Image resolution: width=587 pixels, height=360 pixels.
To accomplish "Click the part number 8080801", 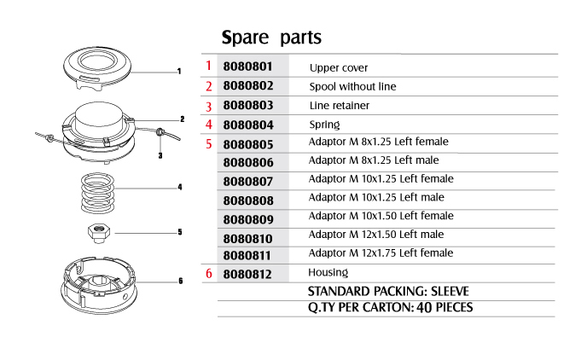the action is pos(247,67).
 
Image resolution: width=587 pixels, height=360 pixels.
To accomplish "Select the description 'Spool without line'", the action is pos(352,87).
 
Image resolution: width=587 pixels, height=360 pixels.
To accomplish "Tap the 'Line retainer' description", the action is pos(340,106).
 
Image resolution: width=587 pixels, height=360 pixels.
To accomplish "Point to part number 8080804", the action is pos(248,125).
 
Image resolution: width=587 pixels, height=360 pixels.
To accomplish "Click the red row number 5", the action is pos(209,144).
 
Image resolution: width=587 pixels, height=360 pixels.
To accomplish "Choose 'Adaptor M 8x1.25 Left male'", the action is pos(374,160).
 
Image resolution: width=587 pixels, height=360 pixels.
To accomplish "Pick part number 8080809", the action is pos(248,219).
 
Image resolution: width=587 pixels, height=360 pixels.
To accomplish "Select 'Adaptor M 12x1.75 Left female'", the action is pos(381,253).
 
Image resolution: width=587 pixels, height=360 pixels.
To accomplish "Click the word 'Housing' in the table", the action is pos(328,272).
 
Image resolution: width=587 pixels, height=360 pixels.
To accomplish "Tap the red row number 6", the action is pos(209,274).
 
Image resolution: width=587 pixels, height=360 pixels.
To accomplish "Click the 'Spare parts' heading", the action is pos(271,38).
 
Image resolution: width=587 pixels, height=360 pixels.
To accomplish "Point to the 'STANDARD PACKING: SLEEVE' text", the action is pos(388,291).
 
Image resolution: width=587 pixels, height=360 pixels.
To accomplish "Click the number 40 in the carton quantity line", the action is pos(424,308).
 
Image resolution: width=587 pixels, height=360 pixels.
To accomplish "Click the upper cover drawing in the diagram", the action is pos(97,68).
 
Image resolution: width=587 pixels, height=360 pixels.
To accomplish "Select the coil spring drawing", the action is pos(98,193).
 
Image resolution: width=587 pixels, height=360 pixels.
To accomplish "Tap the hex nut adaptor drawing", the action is pos(99,233).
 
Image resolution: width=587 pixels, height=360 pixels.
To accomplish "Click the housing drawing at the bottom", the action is pos(99,285).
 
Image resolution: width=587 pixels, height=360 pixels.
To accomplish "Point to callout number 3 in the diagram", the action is pos(160,155).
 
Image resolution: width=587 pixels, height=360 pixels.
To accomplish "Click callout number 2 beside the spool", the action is pos(183,119).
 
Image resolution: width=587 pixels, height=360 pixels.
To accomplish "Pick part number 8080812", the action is pos(247,275).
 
